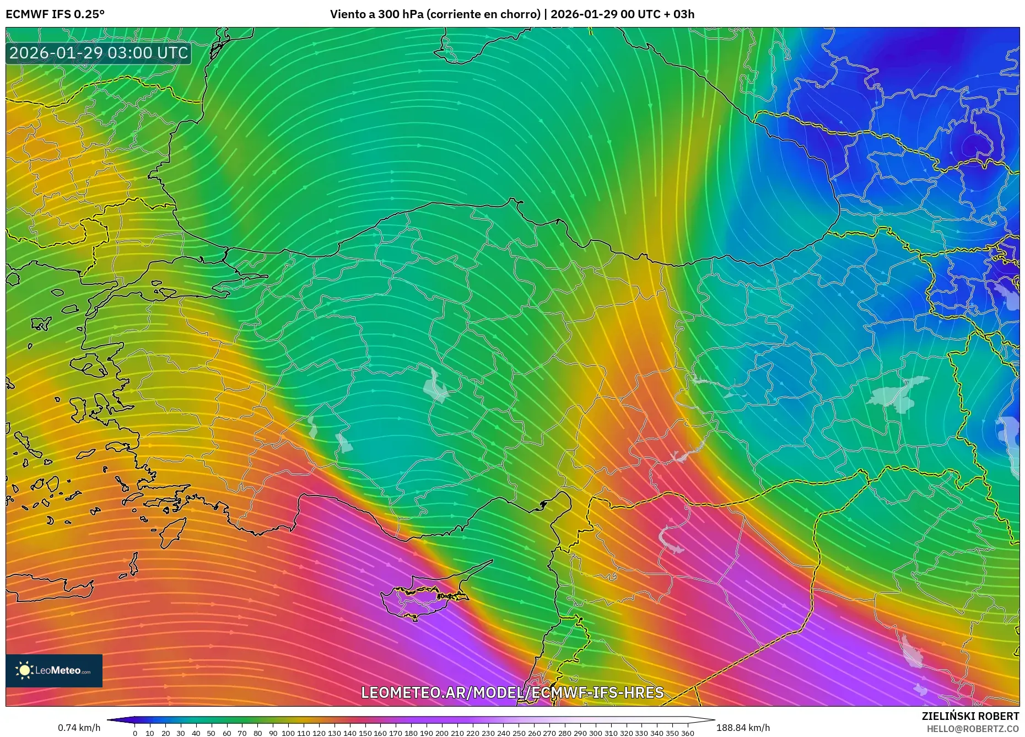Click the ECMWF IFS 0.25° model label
[55, 14]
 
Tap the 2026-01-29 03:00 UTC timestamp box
[99, 53]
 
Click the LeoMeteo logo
[54, 670]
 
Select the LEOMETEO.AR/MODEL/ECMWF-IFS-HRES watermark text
[512, 692]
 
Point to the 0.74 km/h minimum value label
[79, 728]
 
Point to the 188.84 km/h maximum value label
[743, 728]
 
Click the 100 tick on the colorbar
[288, 733]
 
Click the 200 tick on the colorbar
[442, 733]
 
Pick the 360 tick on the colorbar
[687, 733]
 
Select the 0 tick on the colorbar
[135, 733]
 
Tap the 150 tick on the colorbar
[365, 733]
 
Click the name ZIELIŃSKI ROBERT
[970, 716]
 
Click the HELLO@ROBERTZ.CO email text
[973, 729]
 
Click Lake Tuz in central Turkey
[435, 386]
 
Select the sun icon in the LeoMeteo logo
[24, 670]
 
